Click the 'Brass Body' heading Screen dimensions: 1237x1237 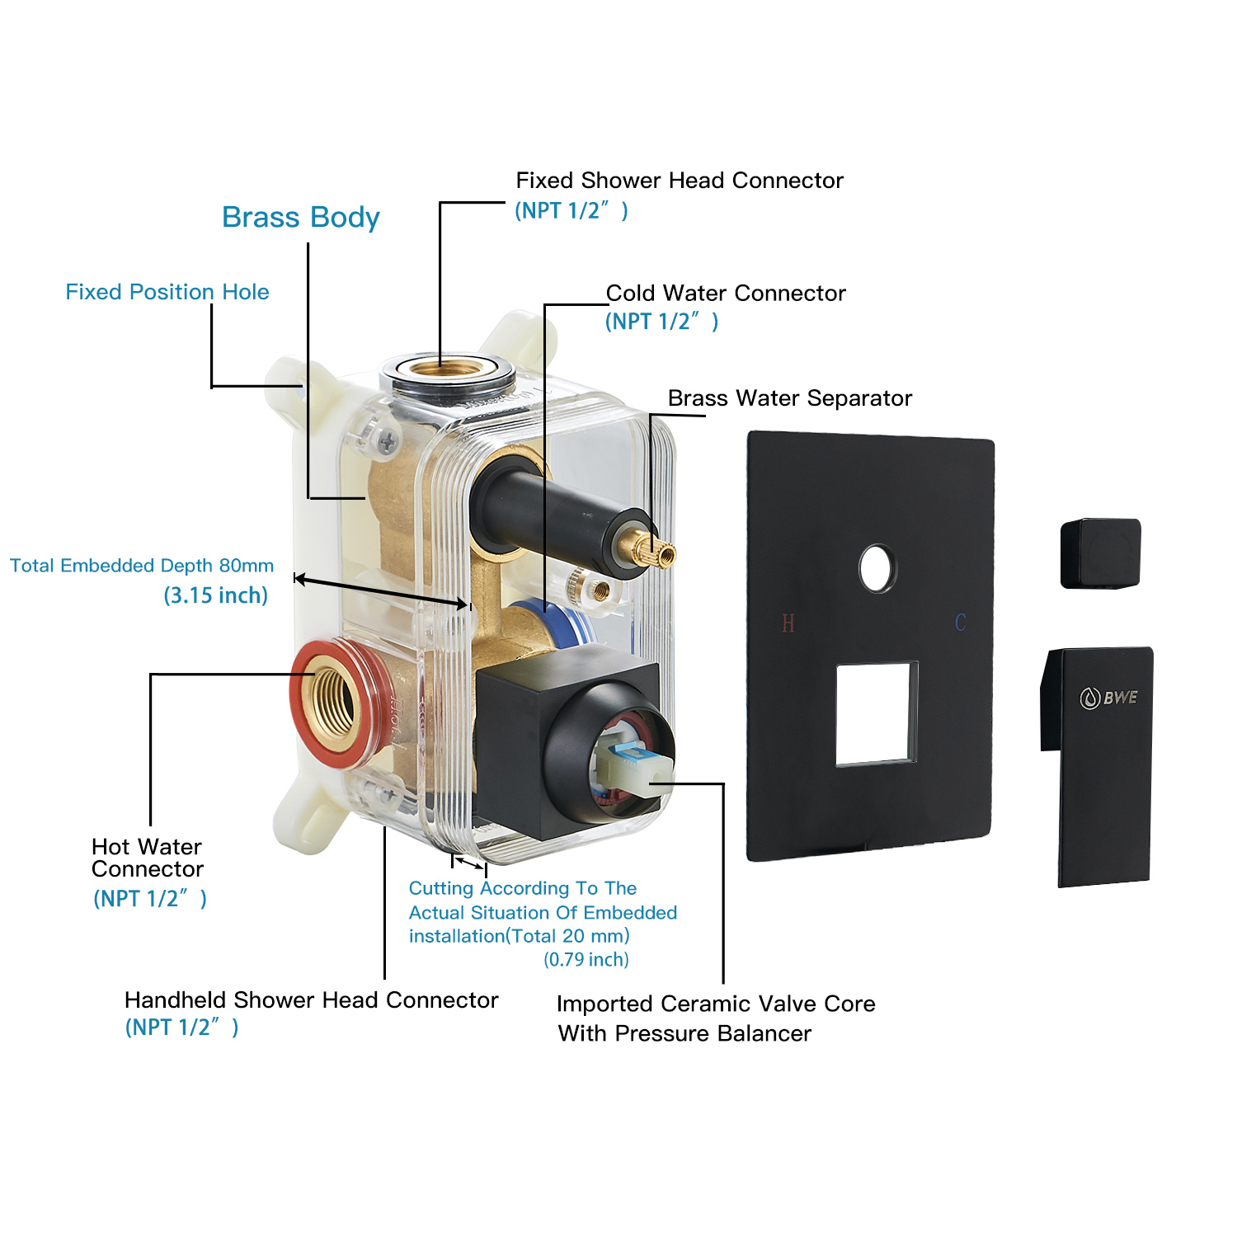click(300, 218)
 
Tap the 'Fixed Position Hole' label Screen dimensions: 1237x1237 click(167, 292)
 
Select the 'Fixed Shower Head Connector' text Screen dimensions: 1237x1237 click(680, 181)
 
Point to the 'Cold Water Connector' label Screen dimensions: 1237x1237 click(726, 294)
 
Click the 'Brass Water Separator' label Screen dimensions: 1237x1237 click(789, 398)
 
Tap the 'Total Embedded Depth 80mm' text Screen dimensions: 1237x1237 click(142, 566)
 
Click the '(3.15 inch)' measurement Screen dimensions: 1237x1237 click(216, 595)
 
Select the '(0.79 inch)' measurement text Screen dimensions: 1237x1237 click(586, 960)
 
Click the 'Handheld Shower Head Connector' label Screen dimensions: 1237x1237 click(311, 1000)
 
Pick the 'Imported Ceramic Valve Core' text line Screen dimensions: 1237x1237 click(715, 1004)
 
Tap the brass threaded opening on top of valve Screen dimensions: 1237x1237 click(447, 369)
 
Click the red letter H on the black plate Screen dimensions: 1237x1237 click(788, 623)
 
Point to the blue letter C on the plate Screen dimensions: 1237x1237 click(960, 623)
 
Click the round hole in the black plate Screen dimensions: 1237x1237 click(877, 568)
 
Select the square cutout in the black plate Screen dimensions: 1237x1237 click(877, 713)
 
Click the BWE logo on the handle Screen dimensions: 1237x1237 click(1109, 698)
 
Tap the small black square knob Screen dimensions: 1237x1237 click(1101, 553)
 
